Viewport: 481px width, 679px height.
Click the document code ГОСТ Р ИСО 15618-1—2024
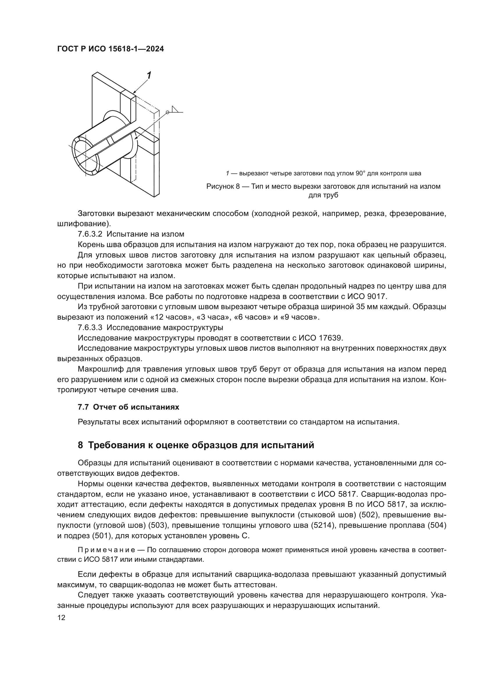(x=111, y=49)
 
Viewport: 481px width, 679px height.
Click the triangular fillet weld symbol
(x=175, y=110)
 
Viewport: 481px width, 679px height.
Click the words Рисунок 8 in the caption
(x=222, y=186)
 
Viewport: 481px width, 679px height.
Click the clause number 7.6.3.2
(x=90, y=234)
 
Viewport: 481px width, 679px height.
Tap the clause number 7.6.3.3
(x=90, y=327)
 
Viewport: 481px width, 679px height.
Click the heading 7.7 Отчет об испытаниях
(x=128, y=407)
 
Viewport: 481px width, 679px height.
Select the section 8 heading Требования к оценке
(x=196, y=445)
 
